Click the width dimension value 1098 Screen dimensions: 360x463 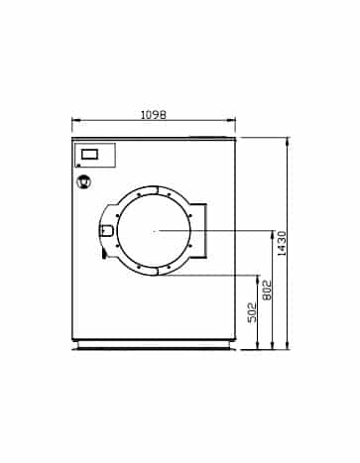[x=154, y=115]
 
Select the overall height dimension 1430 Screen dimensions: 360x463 [x=282, y=244]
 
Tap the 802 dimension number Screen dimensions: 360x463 [x=267, y=290]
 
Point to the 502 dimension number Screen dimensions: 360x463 [x=252, y=312]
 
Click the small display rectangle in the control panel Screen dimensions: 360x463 [x=89, y=154]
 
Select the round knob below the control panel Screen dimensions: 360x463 [x=83, y=181]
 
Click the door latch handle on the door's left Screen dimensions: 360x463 [x=107, y=230]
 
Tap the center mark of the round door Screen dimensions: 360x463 [x=155, y=231]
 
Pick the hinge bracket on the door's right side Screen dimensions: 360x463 [x=199, y=230]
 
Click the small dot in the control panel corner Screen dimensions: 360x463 [x=78, y=165]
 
